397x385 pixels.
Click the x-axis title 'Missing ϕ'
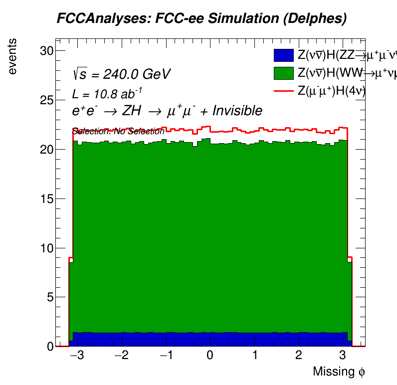(339, 372)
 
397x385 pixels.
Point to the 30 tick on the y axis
(46, 51)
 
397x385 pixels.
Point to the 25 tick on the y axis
(46, 100)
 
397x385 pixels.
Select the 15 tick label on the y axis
(46, 198)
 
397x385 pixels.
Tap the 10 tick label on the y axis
(46, 248)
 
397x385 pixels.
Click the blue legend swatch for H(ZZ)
(283, 55)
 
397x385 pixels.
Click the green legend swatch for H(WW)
(283, 73)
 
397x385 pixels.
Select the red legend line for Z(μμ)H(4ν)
(283, 91)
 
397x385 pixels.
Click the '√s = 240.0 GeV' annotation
(121, 74)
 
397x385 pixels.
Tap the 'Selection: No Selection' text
(118, 132)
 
